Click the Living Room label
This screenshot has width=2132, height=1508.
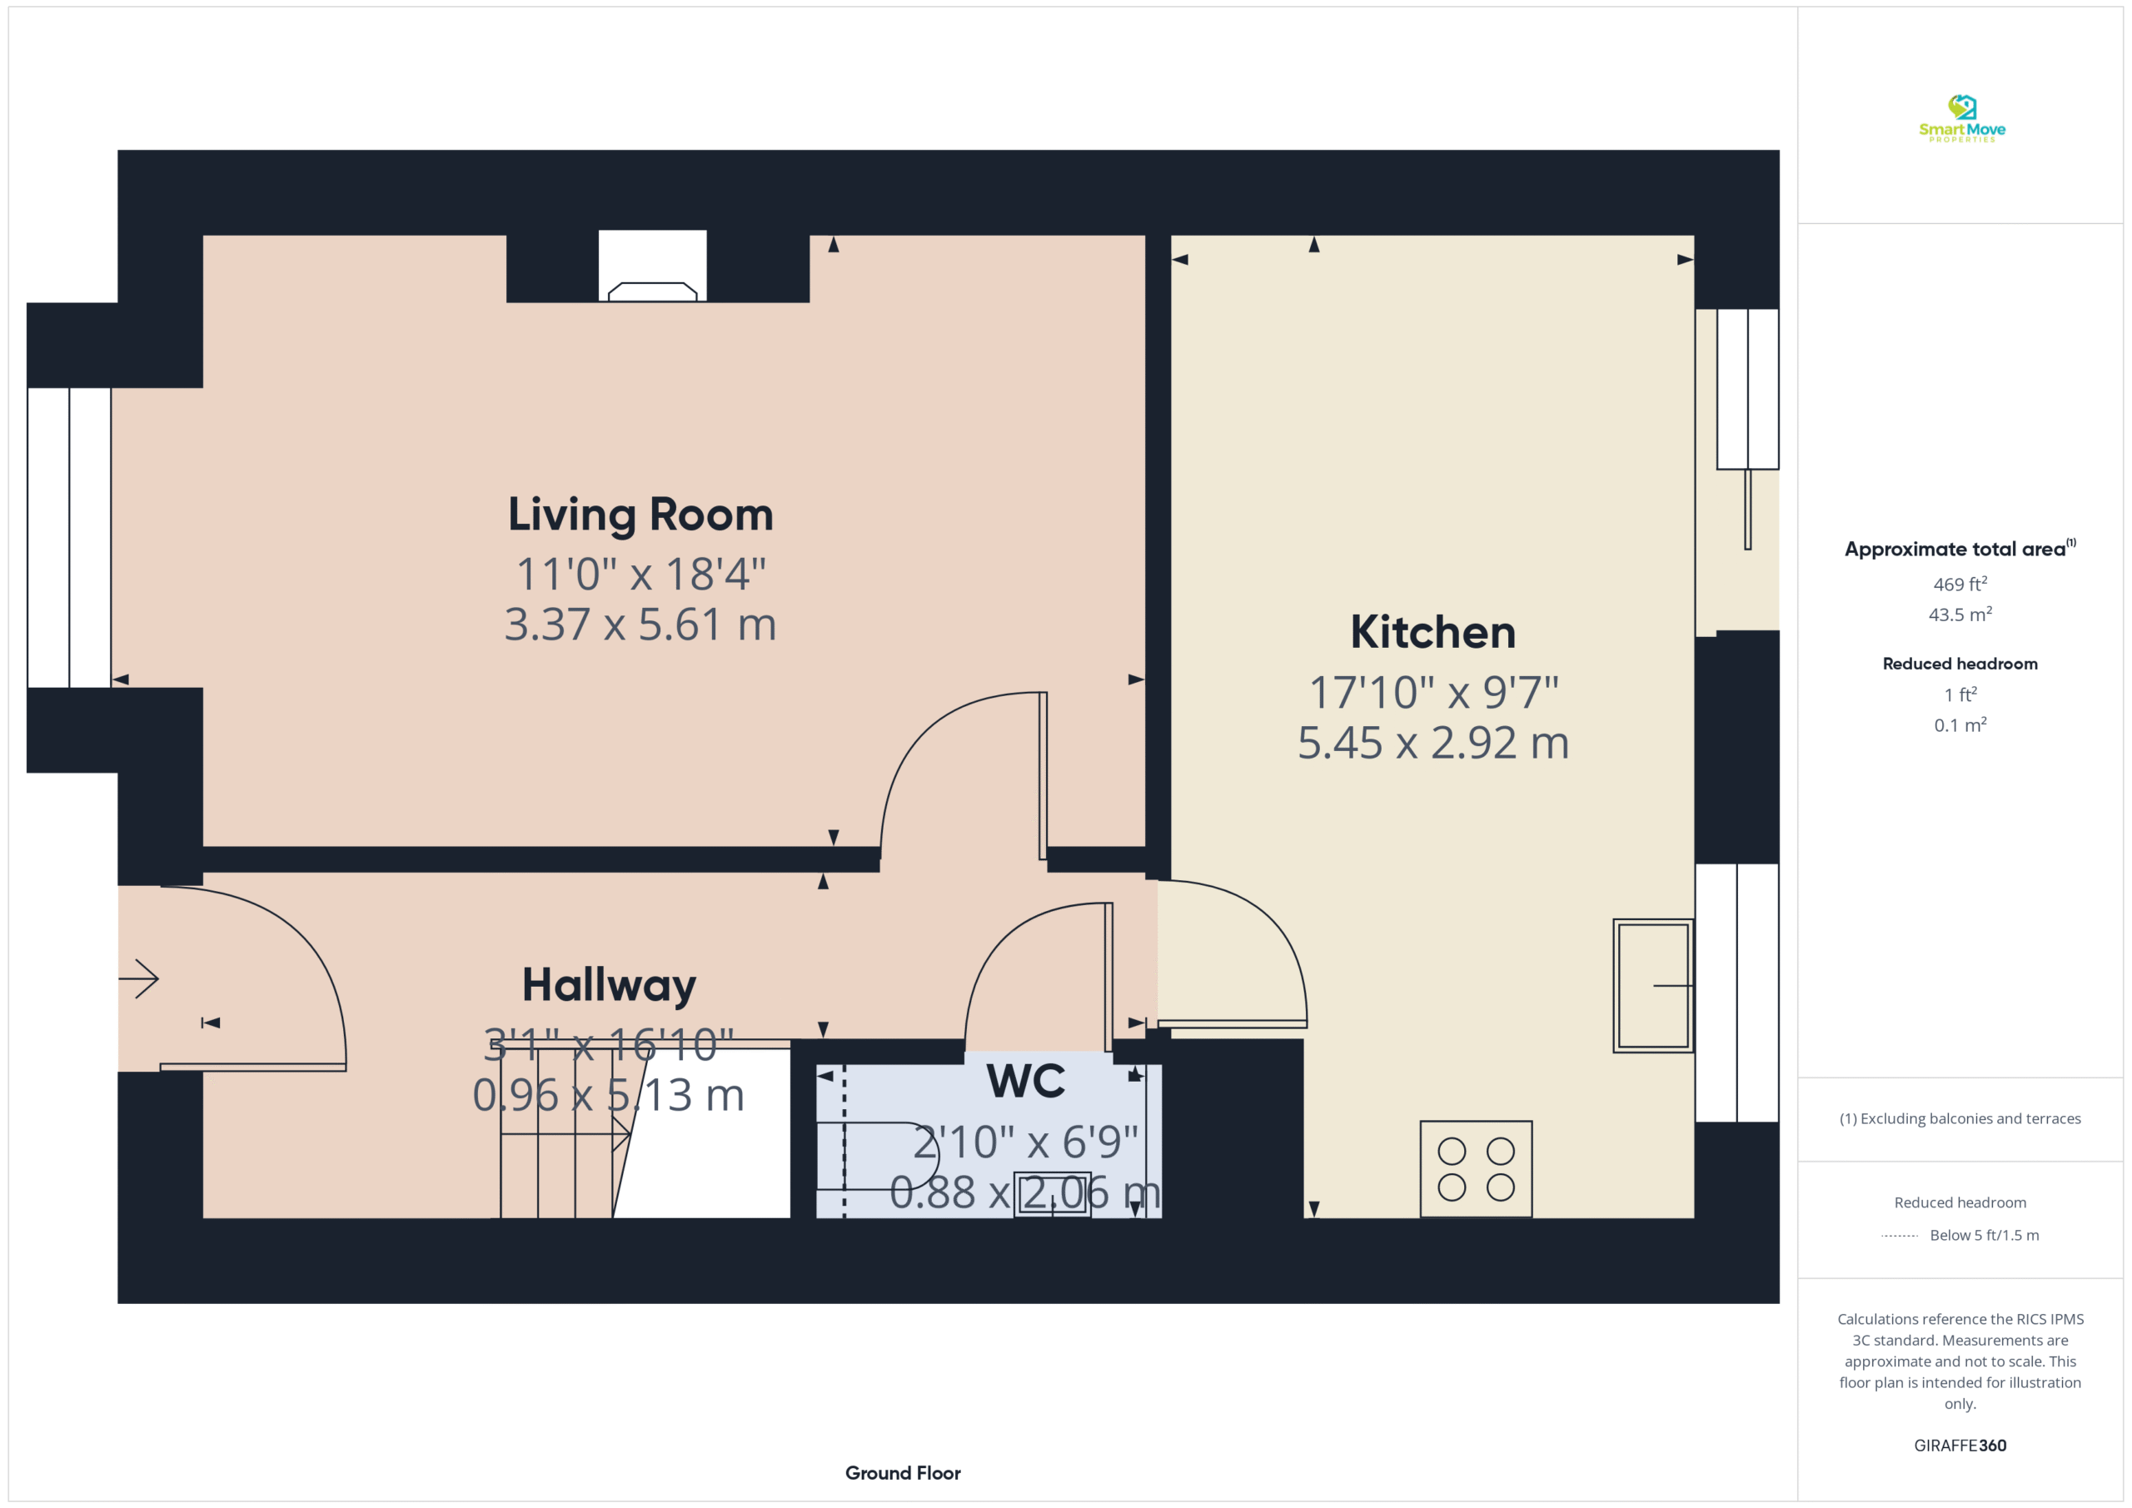point(640,515)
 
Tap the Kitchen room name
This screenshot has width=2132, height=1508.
point(1432,632)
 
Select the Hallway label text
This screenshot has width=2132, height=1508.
point(609,985)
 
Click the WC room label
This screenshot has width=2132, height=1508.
point(1026,1081)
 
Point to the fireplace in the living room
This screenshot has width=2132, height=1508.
point(653,266)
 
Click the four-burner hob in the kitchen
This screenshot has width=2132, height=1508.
point(1477,1169)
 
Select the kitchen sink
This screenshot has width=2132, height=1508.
point(1653,985)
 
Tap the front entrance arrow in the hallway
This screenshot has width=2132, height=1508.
point(139,978)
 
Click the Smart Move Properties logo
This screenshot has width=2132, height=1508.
point(1962,119)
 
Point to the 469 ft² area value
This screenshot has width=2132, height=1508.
point(1960,584)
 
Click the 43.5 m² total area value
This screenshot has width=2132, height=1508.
point(1960,615)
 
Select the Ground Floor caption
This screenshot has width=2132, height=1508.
point(903,1473)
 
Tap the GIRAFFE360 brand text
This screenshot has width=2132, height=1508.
point(1960,1446)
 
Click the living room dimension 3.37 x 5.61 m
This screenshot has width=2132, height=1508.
point(640,624)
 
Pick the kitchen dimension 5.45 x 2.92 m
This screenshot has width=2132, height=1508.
point(1432,743)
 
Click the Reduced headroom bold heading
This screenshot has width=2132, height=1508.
point(1960,664)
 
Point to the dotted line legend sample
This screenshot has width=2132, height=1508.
point(1899,1236)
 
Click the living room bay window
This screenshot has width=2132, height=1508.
point(70,538)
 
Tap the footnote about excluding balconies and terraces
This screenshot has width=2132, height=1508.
point(1960,1119)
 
